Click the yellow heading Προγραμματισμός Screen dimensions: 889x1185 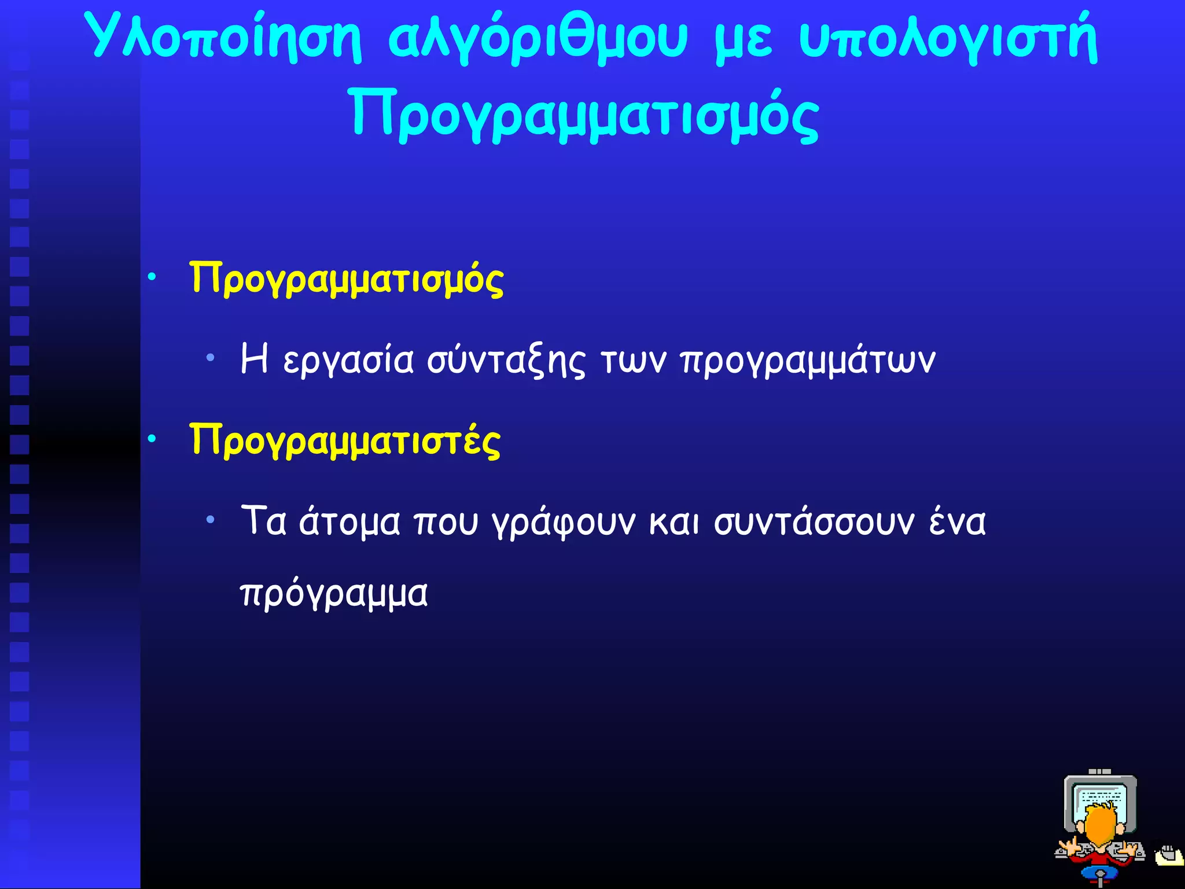coord(347,279)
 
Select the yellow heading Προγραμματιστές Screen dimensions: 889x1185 coord(345,441)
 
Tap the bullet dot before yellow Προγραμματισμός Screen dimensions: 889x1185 coord(152,277)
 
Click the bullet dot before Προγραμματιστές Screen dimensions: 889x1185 coord(152,439)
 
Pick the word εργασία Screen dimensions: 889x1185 coord(348,361)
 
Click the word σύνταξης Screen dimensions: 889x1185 coord(506,361)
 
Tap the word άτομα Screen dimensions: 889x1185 coord(349,522)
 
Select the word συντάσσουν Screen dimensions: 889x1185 coord(814,522)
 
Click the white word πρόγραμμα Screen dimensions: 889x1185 coord(334,595)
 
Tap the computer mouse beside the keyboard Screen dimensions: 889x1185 coord(1169,855)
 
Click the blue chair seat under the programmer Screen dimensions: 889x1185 coord(1100,873)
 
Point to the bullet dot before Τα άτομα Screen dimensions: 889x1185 coord(211,520)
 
